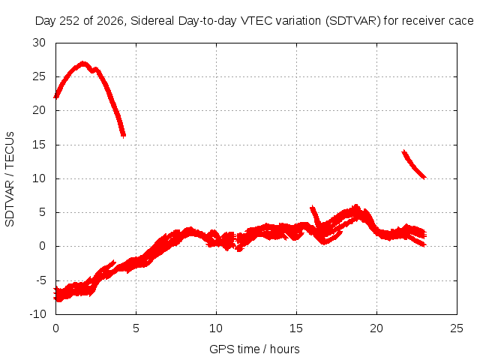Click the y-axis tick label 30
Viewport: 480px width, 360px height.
(x=39, y=43)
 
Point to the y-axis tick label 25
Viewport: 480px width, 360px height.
(x=39, y=76)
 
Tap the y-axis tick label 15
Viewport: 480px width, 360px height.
(x=39, y=145)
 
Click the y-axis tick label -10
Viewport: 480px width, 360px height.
(x=38, y=314)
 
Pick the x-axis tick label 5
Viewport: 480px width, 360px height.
(x=136, y=328)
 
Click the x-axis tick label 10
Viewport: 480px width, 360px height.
(x=216, y=328)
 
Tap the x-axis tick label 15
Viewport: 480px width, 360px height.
(x=296, y=328)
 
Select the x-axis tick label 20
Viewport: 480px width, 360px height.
(x=376, y=328)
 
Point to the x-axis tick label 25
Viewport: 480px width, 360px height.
(x=457, y=328)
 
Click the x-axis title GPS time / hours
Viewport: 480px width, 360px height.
(x=254, y=349)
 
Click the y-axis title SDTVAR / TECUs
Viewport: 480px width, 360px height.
(x=10, y=179)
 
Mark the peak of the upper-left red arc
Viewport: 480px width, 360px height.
(x=83, y=64)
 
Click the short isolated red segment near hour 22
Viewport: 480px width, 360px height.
(x=413, y=165)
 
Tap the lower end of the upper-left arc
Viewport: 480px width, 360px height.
(x=123, y=135)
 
